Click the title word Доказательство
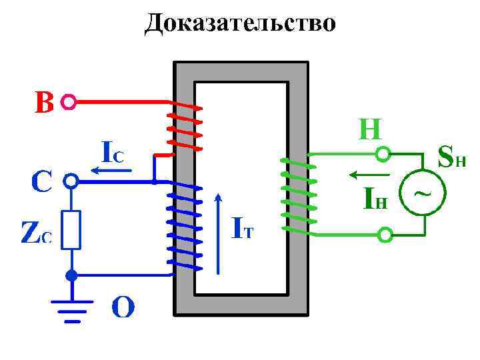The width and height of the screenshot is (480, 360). tap(241, 23)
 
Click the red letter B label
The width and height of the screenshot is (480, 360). tap(44, 103)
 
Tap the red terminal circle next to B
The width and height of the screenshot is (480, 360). tap(68, 103)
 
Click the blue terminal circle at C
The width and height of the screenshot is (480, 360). tap(71, 181)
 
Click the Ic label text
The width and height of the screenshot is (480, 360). tap(111, 153)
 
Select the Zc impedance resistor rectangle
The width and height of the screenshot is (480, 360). tap(71, 230)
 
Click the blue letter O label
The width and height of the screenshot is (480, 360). tap(123, 307)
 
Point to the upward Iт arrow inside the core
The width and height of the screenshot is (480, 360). tap(218, 233)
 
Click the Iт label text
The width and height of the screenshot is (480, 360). tap(243, 229)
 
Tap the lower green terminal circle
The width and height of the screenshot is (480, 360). tap(385, 235)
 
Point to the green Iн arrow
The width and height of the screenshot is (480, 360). tap(364, 175)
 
